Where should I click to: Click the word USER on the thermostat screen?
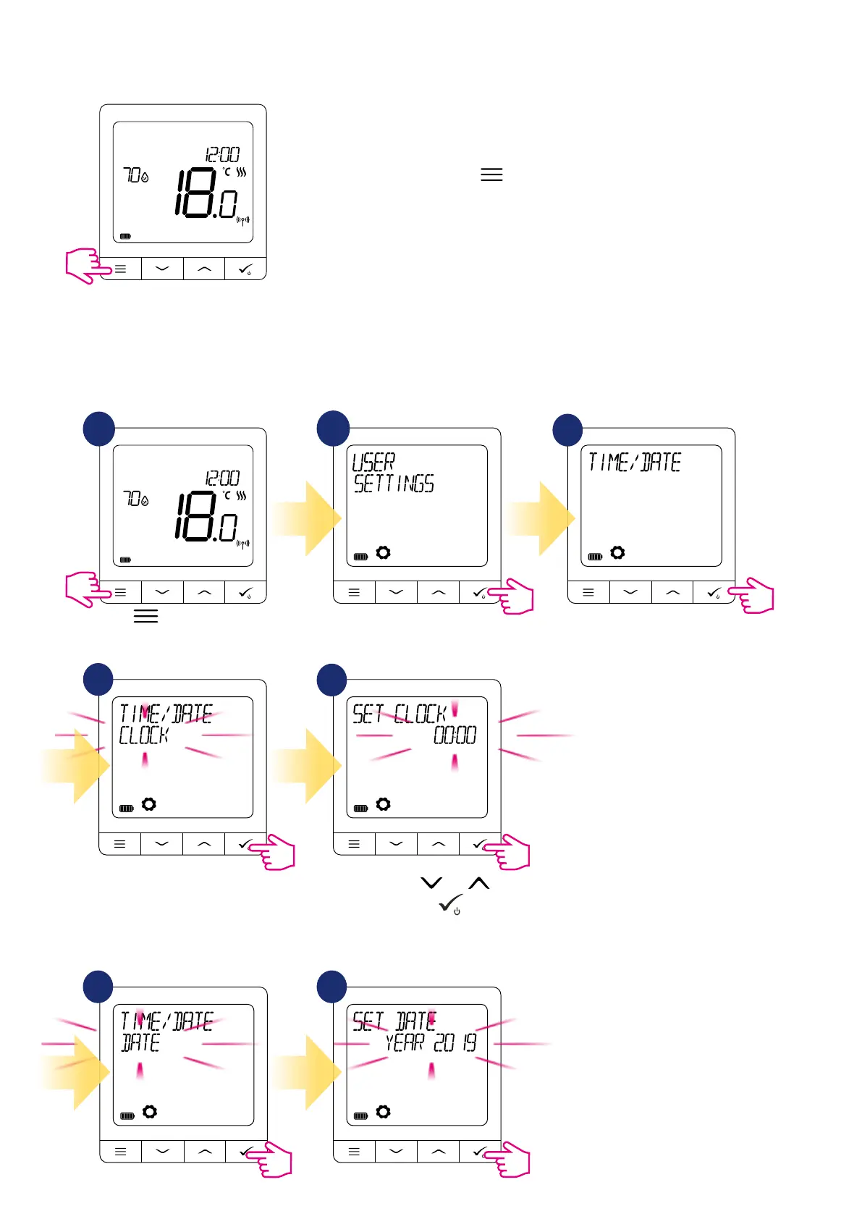click(373, 462)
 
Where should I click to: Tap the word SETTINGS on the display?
click(394, 484)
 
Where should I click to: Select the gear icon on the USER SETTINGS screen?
click(383, 553)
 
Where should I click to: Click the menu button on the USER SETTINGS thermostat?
click(354, 593)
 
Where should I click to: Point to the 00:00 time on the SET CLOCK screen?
click(455, 735)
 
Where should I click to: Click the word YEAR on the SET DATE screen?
click(405, 1043)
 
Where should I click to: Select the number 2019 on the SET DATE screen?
click(455, 1043)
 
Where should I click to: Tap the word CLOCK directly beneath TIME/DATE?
click(143, 735)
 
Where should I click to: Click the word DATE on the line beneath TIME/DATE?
click(140, 1043)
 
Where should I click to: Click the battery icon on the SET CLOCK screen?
click(361, 809)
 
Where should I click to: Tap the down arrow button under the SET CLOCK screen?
click(396, 844)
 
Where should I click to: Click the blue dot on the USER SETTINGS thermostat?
click(333, 429)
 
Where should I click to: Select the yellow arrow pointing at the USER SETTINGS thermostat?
click(306, 518)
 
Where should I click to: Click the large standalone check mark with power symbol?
click(451, 904)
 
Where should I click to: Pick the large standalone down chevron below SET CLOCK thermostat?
click(431, 882)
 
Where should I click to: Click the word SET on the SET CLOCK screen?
click(368, 714)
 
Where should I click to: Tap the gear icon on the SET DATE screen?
click(383, 1112)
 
